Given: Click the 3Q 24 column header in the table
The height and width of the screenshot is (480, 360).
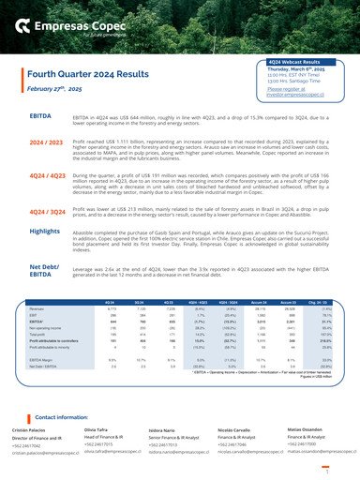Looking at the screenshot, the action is (x=139, y=303).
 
